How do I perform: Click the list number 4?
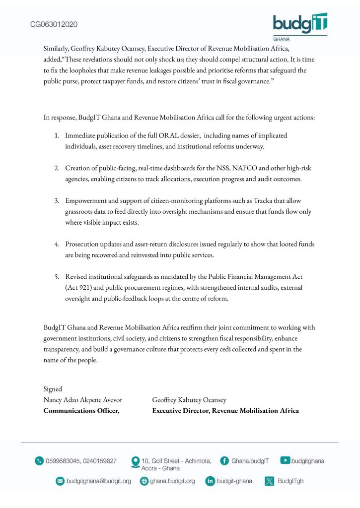coord(57,244)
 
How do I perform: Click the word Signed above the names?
coord(53,389)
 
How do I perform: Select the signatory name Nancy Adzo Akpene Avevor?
coord(83,400)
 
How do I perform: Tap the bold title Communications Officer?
coord(82,410)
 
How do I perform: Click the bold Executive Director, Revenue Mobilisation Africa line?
coord(225,410)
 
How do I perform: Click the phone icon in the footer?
coord(39,461)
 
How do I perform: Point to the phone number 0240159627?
coord(99,461)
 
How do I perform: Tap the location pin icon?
coord(135,462)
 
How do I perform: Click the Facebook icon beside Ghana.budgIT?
coord(224,460)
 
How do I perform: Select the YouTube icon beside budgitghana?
coord(285,460)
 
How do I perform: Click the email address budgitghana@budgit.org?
coord(99,481)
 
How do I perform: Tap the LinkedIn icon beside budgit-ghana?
coord(210,481)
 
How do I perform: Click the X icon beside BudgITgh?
coord(270,481)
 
